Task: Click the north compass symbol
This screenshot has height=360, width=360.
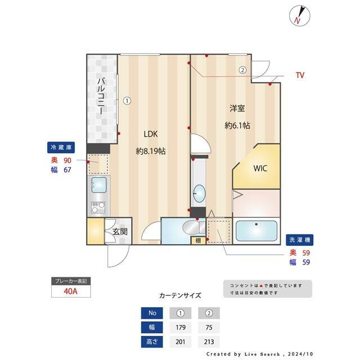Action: (298, 15)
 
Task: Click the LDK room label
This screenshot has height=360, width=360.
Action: (150, 134)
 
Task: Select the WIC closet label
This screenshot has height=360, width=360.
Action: (260, 168)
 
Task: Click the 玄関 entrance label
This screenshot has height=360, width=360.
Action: (119, 231)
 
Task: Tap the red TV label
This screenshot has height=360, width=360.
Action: (300, 75)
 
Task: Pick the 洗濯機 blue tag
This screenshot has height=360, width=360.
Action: (299, 240)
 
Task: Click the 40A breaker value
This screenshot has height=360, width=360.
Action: (71, 292)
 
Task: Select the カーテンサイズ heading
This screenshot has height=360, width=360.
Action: (180, 295)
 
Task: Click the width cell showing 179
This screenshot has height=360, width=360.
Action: (181, 327)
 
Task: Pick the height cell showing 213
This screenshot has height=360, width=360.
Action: (209, 341)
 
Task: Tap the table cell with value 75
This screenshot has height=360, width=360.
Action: (209, 327)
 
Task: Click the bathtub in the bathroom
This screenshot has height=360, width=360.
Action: (256, 231)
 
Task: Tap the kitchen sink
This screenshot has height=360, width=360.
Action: (100, 184)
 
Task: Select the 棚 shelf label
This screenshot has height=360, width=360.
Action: (198, 241)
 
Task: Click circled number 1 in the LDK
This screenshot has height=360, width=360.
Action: (127, 101)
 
